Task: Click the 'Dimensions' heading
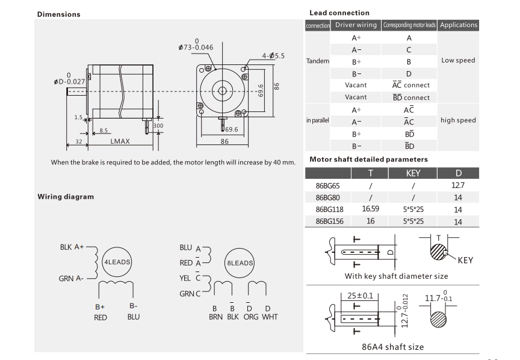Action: [59, 14]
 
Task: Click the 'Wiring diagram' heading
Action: [66, 196]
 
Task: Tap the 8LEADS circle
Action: [240, 263]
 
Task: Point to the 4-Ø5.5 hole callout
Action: [273, 56]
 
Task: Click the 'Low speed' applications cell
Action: [458, 60]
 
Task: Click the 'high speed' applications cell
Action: [458, 120]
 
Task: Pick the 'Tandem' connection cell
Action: [317, 61]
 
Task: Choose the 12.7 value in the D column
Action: [457, 186]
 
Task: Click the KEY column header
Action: [412, 173]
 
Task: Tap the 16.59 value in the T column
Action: [370, 209]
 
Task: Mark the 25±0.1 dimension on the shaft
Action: [361, 296]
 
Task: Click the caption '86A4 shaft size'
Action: [392, 347]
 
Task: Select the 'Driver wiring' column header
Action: [356, 25]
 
